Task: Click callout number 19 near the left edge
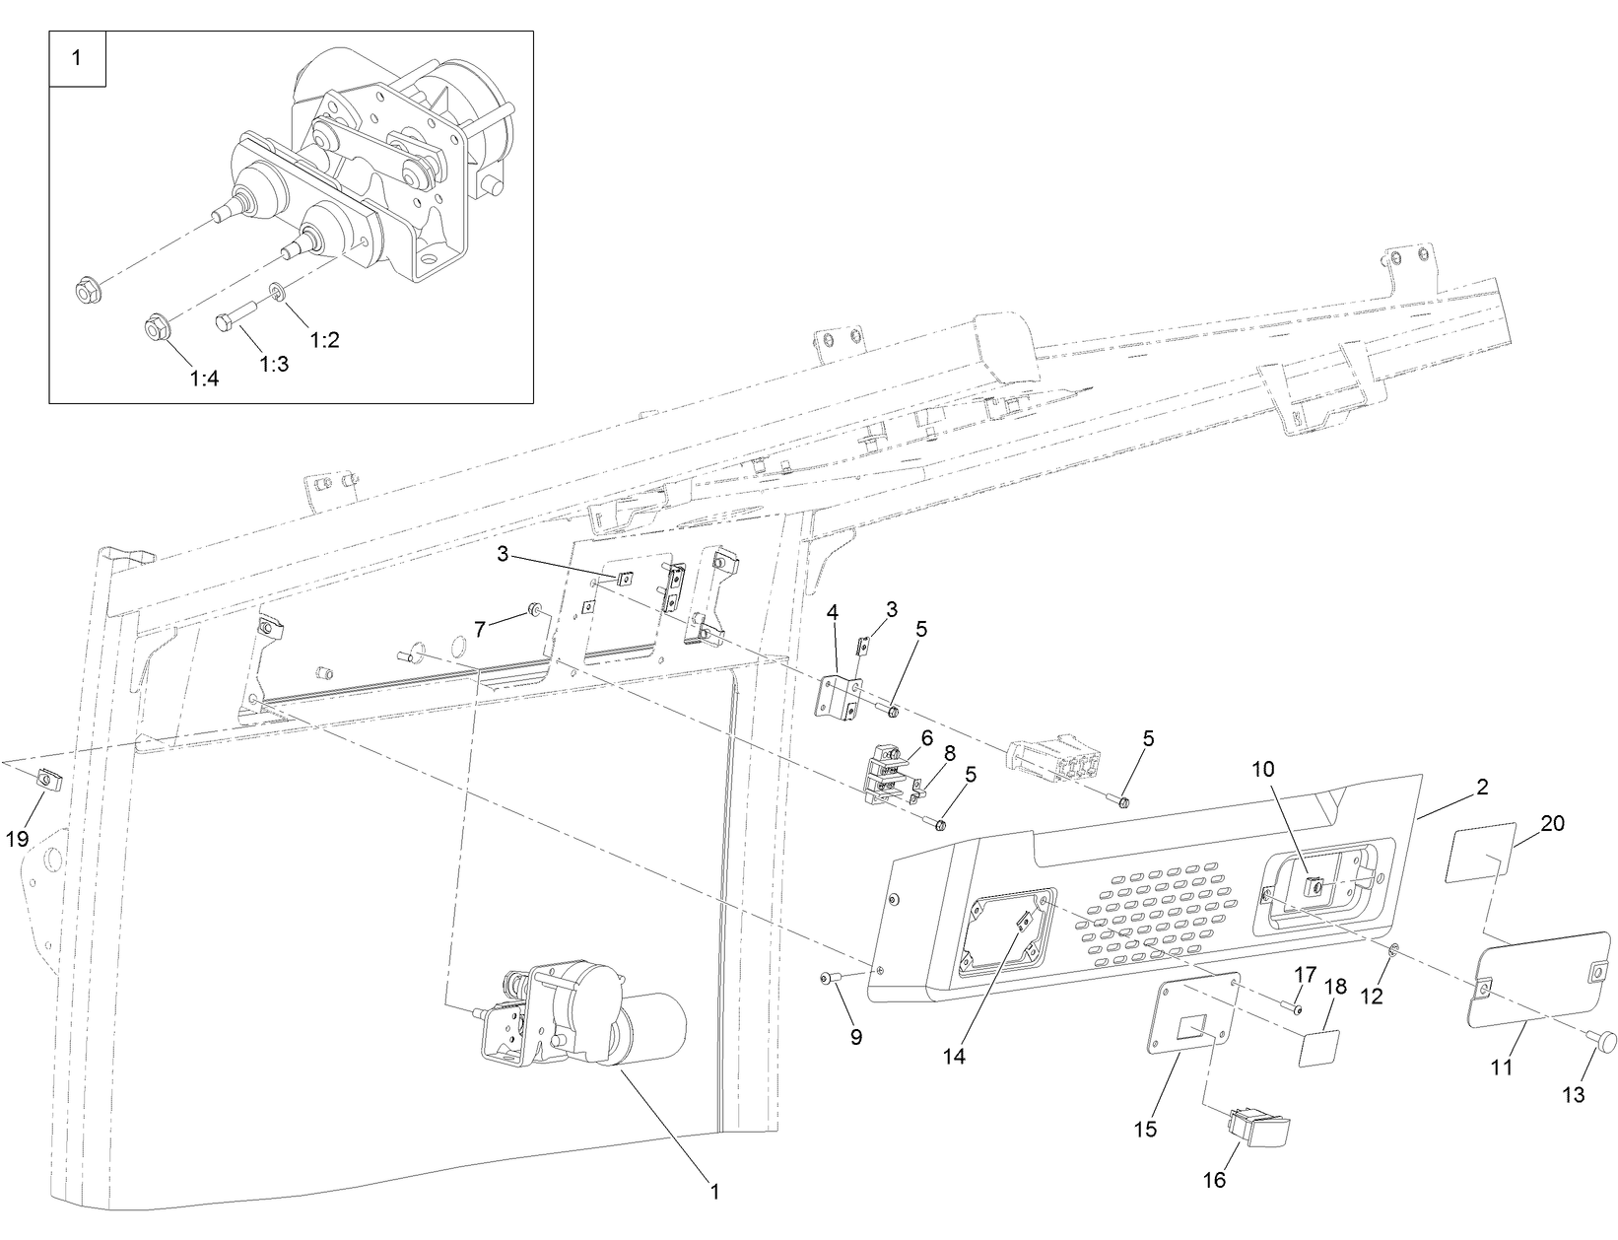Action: click(x=17, y=839)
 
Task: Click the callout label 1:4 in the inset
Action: click(x=205, y=379)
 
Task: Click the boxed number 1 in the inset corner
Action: click(x=77, y=59)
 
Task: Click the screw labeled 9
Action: click(x=829, y=978)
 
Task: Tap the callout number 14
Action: click(x=953, y=1056)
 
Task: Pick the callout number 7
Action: click(x=480, y=629)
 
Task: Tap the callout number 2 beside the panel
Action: click(x=1482, y=788)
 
